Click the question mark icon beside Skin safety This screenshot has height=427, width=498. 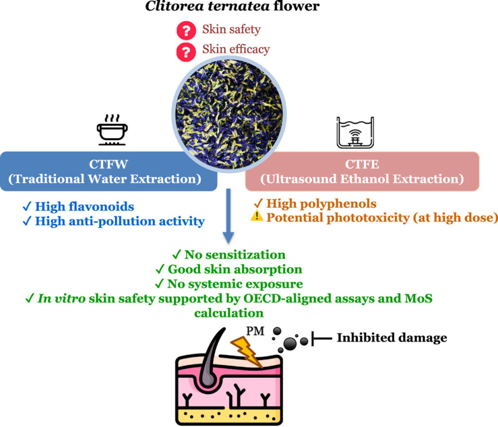[x=186, y=31]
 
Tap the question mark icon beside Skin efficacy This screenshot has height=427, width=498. [x=186, y=52]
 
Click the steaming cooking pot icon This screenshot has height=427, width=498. [x=112, y=130]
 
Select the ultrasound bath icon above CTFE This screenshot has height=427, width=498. [x=355, y=132]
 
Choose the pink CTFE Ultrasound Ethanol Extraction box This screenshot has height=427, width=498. [x=362, y=171]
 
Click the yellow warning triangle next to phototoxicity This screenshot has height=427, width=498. [x=257, y=216]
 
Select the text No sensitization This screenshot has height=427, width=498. [x=235, y=254]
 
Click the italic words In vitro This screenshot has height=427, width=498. [x=62, y=298]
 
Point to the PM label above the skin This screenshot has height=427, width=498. [x=255, y=331]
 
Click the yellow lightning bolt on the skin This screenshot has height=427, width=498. [x=247, y=352]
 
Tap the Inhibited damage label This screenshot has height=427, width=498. [x=392, y=338]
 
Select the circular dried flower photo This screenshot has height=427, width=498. [x=229, y=114]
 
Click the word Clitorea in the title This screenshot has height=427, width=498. [x=175, y=6]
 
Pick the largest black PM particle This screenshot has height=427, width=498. [x=290, y=344]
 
